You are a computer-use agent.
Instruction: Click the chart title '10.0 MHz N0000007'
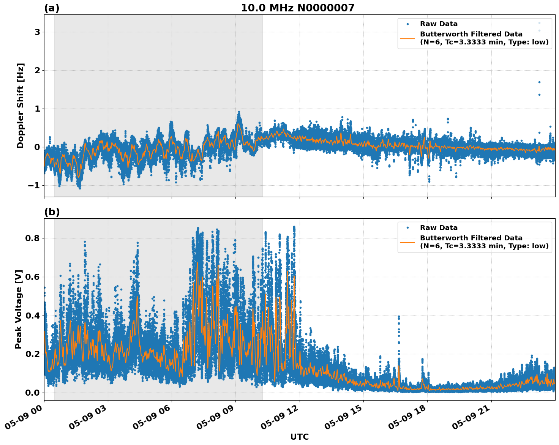click(297, 8)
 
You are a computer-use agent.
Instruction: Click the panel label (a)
click(52, 8)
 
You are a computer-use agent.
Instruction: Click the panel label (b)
click(52, 212)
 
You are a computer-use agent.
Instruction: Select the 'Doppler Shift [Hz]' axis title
click(21, 106)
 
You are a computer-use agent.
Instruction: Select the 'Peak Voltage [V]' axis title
click(19, 309)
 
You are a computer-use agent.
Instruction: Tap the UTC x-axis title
click(299, 437)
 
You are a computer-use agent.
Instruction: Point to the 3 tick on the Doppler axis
click(37, 32)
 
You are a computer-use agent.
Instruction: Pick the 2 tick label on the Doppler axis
click(37, 71)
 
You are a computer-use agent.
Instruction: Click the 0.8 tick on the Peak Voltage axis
click(33, 238)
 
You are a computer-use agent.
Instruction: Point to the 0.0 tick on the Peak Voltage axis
click(33, 393)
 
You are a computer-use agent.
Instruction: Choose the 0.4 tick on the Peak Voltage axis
click(33, 316)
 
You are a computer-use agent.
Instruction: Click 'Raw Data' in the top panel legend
click(439, 24)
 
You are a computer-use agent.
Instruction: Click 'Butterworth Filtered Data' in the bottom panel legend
click(471, 238)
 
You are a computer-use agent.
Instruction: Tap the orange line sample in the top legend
click(407, 38)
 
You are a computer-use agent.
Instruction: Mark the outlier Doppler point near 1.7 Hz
click(539, 82)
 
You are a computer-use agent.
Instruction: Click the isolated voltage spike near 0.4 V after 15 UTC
click(399, 317)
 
